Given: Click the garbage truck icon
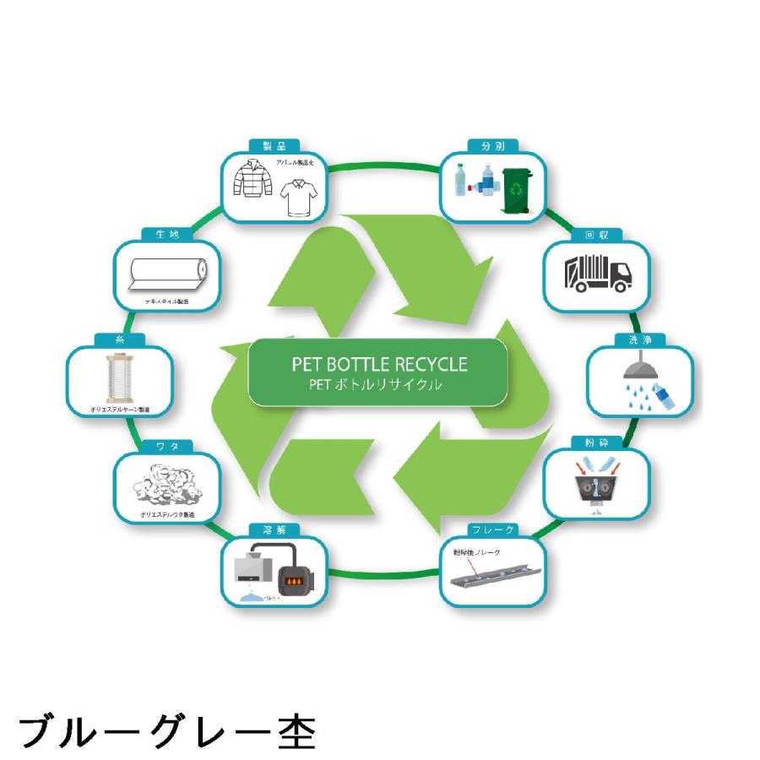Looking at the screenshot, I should tap(597, 273).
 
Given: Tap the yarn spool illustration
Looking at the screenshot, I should tap(120, 379).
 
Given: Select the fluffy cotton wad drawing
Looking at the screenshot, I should tap(166, 486).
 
